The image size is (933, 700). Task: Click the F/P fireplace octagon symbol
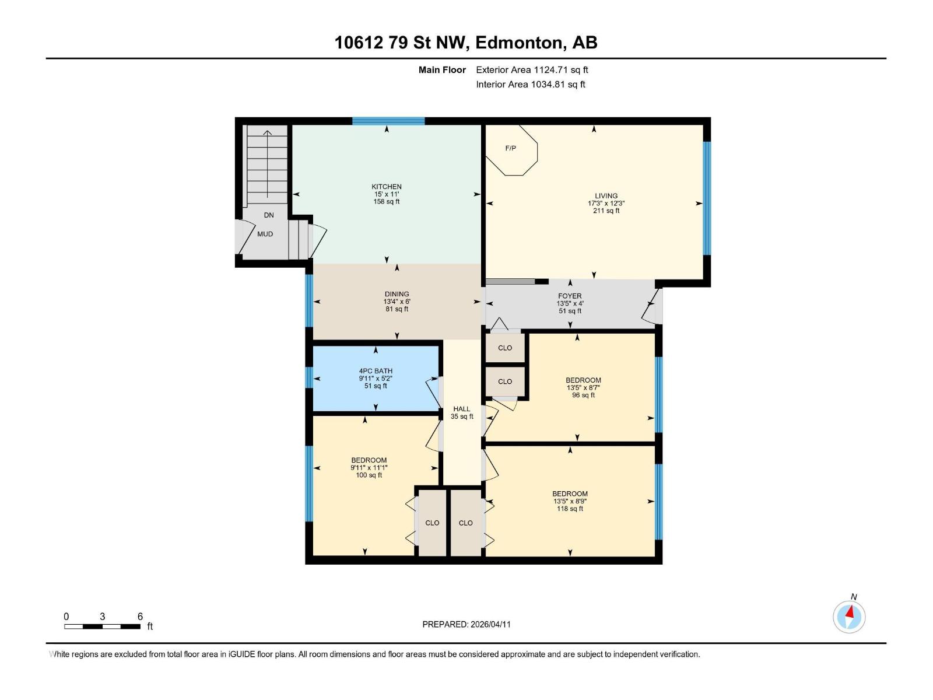[511, 149]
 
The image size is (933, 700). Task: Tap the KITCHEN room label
[387, 187]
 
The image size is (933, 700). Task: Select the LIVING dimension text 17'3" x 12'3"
[606, 204]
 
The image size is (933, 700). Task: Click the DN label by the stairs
[269, 215]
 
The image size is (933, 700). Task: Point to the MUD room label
[265, 234]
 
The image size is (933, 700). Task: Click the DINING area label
[397, 295]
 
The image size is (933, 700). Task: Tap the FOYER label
[570, 296]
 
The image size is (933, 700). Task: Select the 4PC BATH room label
[376, 371]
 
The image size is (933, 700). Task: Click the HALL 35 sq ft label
[462, 413]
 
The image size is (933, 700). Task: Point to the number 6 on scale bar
[140, 617]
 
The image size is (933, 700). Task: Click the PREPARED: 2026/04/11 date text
[466, 624]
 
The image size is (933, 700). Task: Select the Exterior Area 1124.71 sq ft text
[532, 70]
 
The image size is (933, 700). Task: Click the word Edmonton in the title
[520, 43]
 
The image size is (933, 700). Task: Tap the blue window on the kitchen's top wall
[388, 121]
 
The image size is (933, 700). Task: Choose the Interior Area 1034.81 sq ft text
[530, 85]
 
